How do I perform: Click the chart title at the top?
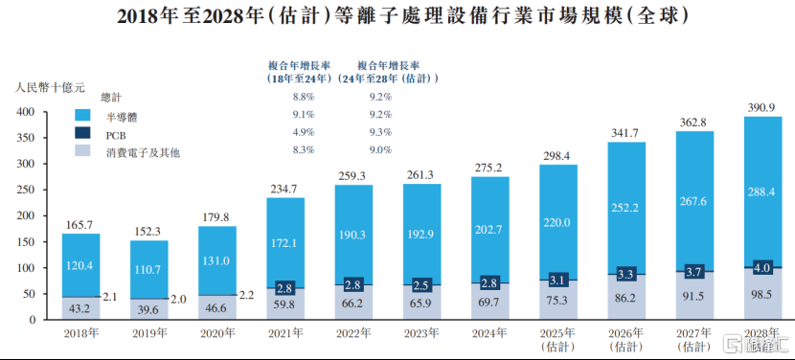(397, 16)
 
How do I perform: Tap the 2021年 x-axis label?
(285, 331)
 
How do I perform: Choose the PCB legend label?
(116, 134)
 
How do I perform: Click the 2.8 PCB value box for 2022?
(353, 285)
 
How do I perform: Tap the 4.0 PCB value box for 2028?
(763, 267)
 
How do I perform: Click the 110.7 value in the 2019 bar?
(148, 269)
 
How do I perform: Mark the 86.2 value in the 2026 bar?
(626, 299)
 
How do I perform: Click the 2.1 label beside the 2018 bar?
(110, 298)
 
